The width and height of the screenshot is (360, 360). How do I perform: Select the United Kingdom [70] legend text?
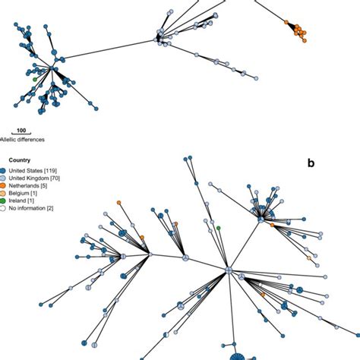click(x=33, y=178)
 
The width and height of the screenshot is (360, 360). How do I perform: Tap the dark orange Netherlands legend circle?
click(x=3, y=185)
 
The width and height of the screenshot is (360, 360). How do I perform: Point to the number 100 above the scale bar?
click(x=23, y=131)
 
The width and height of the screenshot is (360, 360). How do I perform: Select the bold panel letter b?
click(x=310, y=163)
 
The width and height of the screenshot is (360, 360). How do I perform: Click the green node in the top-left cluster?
click(x=36, y=78)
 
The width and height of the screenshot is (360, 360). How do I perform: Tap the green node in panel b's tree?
click(x=218, y=228)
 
